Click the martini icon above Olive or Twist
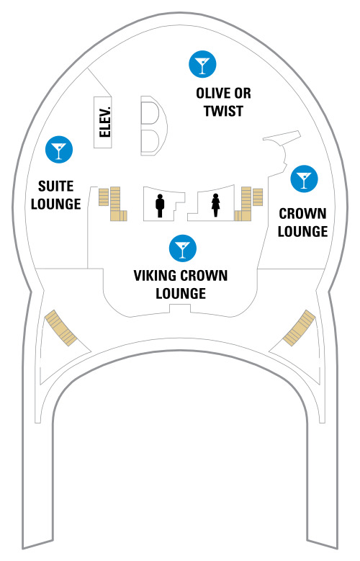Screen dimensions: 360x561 [x=202, y=64]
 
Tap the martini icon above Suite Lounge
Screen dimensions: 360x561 [x=59, y=150]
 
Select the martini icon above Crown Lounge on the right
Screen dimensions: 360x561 [x=304, y=179]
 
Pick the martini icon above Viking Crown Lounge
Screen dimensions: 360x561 [x=182, y=248]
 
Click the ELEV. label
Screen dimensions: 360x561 [x=105, y=122]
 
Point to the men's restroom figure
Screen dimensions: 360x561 [x=160, y=206]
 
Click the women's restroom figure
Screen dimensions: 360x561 [x=215, y=205]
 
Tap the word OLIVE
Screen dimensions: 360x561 [x=213, y=94]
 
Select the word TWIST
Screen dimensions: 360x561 [x=224, y=111]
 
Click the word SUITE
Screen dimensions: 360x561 [x=56, y=187]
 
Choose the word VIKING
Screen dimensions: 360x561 [x=156, y=276]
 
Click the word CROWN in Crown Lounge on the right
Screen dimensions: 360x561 [x=302, y=214]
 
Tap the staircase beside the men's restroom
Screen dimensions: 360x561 [x=114, y=203]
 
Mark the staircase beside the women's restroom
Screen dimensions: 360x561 [x=248, y=203]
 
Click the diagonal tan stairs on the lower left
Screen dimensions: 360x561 [x=60, y=328]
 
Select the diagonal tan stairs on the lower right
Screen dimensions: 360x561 [x=300, y=328]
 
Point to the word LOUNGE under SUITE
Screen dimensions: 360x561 [x=56, y=204]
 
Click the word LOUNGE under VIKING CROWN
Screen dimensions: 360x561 [x=181, y=294]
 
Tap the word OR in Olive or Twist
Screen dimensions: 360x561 [x=243, y=94]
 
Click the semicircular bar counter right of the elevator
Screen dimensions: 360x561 [x=154, y=125]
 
